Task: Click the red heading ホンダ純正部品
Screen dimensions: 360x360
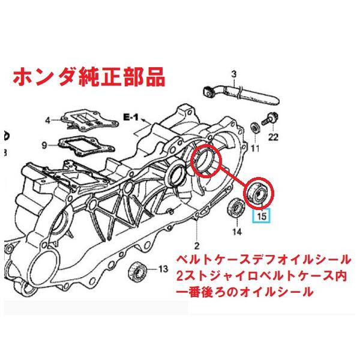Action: pyautogui.click(x=87, y=77)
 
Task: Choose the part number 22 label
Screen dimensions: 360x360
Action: pyautogui.click(x=274, y=139)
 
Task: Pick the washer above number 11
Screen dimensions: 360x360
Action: pyautogui.click(x=255, y=128)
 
